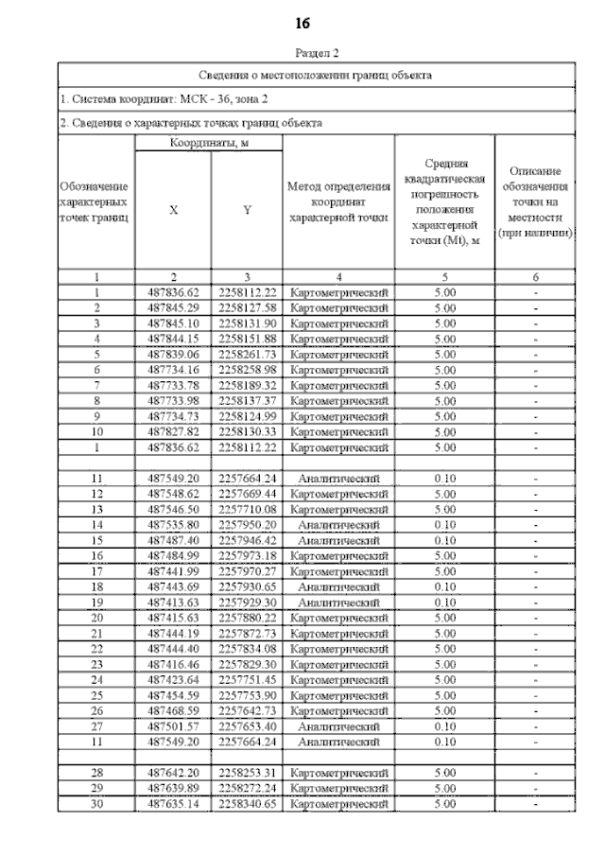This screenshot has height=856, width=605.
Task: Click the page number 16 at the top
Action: (x=302, y=23)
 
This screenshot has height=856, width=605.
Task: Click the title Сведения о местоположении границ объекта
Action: (x=317, y=74)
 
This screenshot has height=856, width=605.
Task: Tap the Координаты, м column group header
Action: (x=209, y=143)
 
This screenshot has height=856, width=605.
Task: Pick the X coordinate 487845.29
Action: (x=173, y=307)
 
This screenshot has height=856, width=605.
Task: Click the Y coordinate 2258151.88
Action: (x=246, y=338)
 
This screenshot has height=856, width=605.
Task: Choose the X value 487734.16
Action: (x=173, y=368)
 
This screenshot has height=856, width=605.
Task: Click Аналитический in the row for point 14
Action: (x=338, y=523)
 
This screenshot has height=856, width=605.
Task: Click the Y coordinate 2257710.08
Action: (x=246, y=508)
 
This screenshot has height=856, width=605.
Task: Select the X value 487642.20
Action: (x=173, y=773)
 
